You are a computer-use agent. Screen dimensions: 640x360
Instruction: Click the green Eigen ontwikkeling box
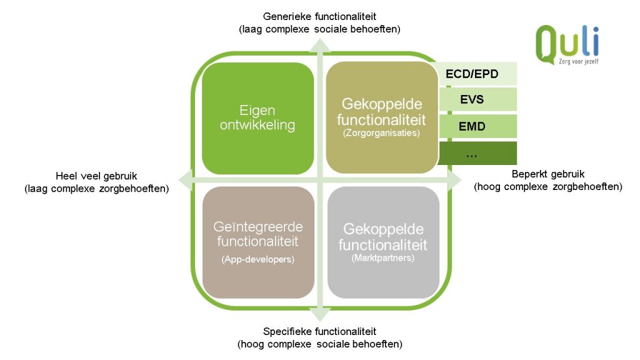pyautogui.click(x=258, y=118)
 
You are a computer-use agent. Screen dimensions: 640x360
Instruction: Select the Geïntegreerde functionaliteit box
pyautogui.click(x=258, y=242)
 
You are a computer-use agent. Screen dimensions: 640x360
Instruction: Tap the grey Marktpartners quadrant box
pyautogui.click(x=383, y=242)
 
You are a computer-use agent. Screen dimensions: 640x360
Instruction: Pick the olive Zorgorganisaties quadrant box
pyautogui.click(x=382, y=117)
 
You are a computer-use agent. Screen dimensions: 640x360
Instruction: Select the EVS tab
pyautogui.click(x=477, y=99)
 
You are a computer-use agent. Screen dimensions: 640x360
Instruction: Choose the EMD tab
pyautogui.click(x=477, y=126)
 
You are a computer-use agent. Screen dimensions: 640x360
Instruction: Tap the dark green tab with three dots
pyautogui.click(x=477, y=154)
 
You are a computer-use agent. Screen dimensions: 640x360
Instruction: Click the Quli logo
pyautogui.click(x=567, y=44)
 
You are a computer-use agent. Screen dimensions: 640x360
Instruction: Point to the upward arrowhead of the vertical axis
pyautogui.click(x=320, y=45)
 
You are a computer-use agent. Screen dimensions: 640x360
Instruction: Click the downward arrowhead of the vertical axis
pyautogui.click(x=320, y=314)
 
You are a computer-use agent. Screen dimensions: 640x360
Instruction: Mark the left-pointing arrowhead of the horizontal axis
pyautogui.click(x=186, y=180)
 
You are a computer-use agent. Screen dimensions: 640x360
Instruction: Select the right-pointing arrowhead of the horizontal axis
pyautogui.click(x=454, y=180)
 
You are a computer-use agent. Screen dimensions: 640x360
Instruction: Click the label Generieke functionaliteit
pyautogui.click(x=319, y=16)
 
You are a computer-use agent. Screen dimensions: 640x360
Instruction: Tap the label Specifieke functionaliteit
pyautogui.click(x=319, y=331)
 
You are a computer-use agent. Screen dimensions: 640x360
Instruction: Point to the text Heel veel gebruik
pyautogui.click(x=96, y=176)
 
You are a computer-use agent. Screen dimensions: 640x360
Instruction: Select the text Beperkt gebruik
pyautogui.click(x=548, y=174)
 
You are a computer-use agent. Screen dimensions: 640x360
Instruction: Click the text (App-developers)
pyautogui.click(x=258, y=259)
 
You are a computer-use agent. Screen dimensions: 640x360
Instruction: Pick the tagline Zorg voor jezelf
pyautogui.click(x=579, y=61)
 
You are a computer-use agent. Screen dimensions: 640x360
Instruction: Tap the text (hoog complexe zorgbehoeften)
pyautogui.click(x=548, y=186)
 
